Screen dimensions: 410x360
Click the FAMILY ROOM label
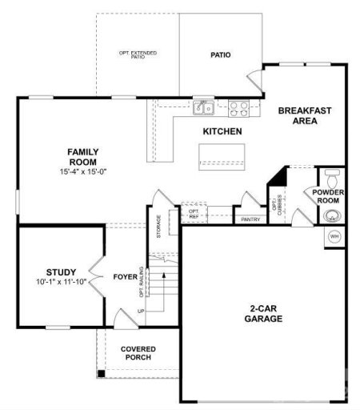click(82, 156)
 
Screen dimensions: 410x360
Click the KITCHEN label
click(222, 131)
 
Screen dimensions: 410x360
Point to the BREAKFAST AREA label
click(304, 115)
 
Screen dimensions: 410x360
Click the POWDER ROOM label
click(328, 197)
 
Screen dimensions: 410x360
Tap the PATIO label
click(221, 55)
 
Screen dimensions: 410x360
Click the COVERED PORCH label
click(138, 354)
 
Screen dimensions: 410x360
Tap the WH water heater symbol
click(335, 237)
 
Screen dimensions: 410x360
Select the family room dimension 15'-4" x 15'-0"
click(82, 171)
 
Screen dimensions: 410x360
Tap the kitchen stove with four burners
click(239, 107)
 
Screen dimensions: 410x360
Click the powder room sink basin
click(332, 215)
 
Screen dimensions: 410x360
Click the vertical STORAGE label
click(158, 225)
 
